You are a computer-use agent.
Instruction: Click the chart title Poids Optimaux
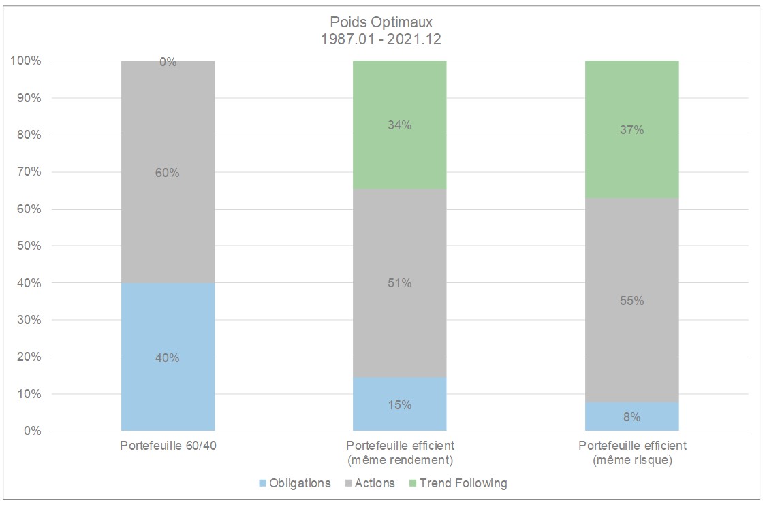(x=381, y=23)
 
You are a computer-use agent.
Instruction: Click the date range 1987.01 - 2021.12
(x=381, y=39)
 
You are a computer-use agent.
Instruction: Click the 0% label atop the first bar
(x=168, y=62)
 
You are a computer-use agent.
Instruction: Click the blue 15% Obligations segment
(x=399, y=404)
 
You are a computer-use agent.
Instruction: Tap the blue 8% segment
(x=631, y=416)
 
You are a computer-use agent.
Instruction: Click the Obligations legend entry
(x=294, y=483)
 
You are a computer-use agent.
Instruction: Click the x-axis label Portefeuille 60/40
(x=168, y=446)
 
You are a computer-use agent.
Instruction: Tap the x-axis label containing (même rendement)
(x=399, y=461)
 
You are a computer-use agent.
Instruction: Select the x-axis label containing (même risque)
(x=631, y=461)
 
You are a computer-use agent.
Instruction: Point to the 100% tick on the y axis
(x=26, y=61)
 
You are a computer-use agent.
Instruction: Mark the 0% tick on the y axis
(x=31, y=431)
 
